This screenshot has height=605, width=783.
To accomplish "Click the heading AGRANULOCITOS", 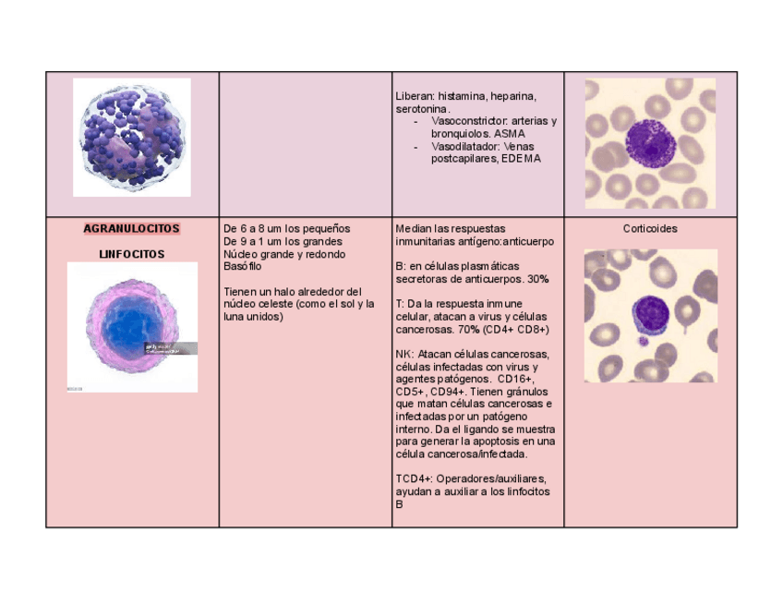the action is pyautogui.click(x=132, y=229).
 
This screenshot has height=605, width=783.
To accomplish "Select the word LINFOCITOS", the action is pyautogui.click(x=132, y=254).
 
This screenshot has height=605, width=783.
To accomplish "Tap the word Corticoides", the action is pyautogui.click(x=650, y=229).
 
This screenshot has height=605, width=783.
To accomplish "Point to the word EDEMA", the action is pyautogui.click(x=522, y=159).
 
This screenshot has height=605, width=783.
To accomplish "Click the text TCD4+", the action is pyautogui.click(x=412, y=479).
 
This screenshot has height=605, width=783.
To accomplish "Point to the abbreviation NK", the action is pyautogui.click(x=403, y=354).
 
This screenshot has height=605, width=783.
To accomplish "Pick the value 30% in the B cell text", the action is pyautogui.click(x=538, y=279).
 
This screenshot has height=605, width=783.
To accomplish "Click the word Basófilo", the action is pyautogui.click(x=243, y=267).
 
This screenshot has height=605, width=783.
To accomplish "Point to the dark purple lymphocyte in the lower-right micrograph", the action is pyautogui.click(x=652, y=314).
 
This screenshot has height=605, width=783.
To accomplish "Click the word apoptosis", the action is pyautogui.click(x=498, y=442).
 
